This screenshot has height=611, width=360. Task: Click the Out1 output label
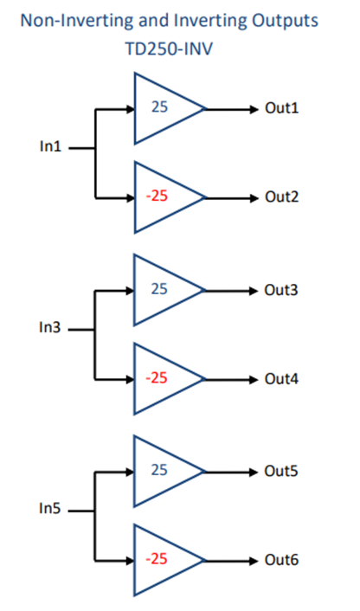(x=282, y=108)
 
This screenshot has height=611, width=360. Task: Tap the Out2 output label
(x=282, y=196)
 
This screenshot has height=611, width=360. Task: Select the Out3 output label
(x=281, y=290)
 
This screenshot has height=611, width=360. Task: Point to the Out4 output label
(x=282, y=379)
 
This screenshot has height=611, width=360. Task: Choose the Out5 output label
(x=281, y=471)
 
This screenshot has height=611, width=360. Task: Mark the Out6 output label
(x=282, y=560)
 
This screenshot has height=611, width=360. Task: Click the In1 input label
(x=51, y=146)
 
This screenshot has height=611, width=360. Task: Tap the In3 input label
(x=50, y=328)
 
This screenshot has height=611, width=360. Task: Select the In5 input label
(x=50, y=509)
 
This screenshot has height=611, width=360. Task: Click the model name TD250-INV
(x=169, y=49)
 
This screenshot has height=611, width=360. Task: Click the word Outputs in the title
(x=285, y=21)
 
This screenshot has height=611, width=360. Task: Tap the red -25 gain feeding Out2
(x=157, y=196)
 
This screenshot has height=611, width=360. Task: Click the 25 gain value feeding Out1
(x=159, y=106)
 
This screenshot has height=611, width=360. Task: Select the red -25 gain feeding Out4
(x=157, y=377)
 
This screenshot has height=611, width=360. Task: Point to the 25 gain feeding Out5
(x=159, y=470)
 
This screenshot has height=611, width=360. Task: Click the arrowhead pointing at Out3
(x=254, y=291)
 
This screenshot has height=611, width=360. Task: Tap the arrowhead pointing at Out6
(x=254, y=561)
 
